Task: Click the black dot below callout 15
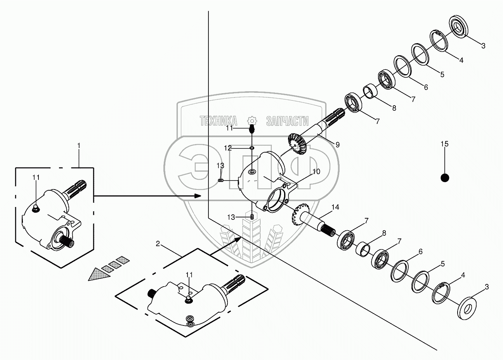(x=445, y=177)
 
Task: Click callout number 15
(x=444, y=144)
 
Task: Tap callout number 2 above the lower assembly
(x=158, y=243)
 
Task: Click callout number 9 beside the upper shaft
(x=337, y=144)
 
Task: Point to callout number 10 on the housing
(x=316, y=171)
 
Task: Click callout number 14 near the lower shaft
(x=335, y=208)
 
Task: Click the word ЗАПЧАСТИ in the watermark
(x=287, y=121)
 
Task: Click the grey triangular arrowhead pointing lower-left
(x=96, y=275)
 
